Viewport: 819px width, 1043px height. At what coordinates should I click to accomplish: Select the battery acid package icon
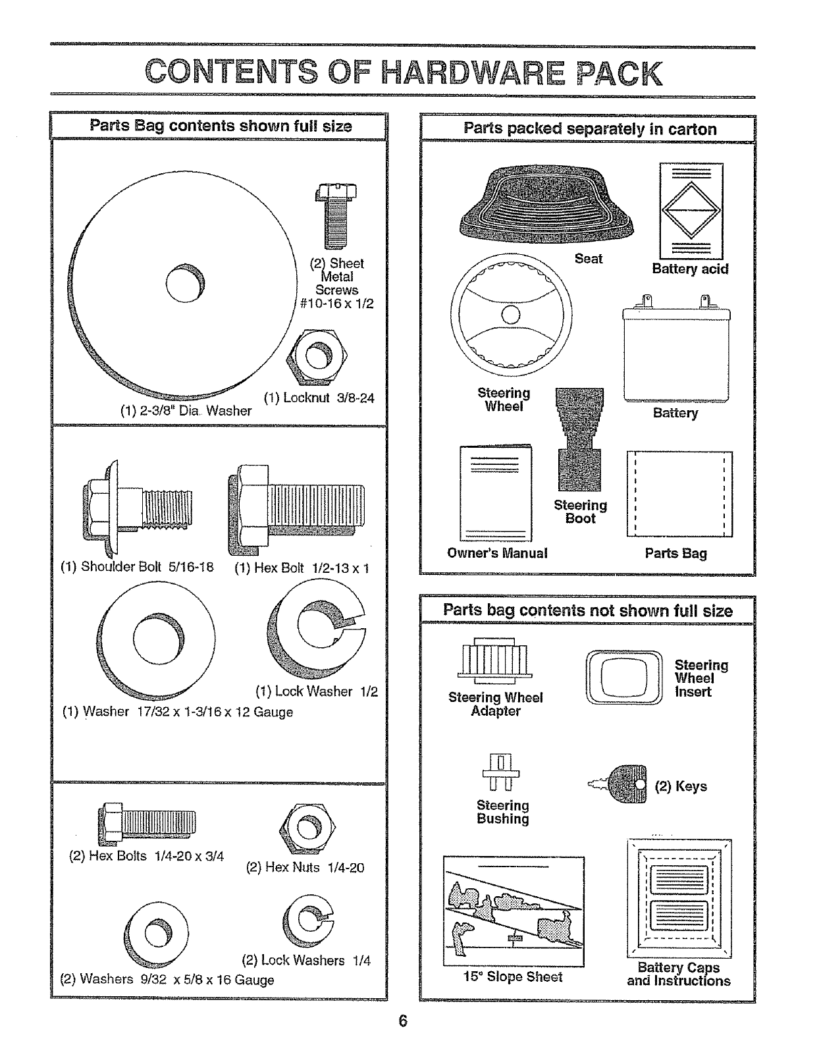691,211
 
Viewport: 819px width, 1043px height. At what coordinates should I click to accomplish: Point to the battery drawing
676,350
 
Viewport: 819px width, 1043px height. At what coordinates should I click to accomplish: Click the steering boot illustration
579,439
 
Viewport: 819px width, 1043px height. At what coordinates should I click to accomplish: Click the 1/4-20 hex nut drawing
304,826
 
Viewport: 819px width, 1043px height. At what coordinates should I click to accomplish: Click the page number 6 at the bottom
403,1021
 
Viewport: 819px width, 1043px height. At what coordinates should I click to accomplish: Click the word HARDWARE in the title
473,74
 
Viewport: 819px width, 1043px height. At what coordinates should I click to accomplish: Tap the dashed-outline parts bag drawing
679,494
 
